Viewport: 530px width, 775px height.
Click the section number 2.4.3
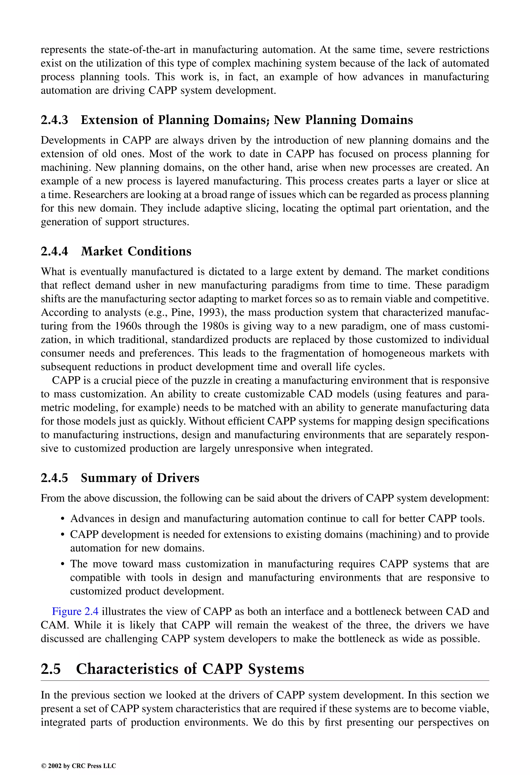(54, 120)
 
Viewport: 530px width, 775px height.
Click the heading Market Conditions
(136, 251)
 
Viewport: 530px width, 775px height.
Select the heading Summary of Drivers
(140, 478)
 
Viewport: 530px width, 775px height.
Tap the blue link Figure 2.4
(75, 611)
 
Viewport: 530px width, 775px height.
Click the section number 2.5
(51, 669)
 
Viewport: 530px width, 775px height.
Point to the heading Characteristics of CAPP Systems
(190, 669)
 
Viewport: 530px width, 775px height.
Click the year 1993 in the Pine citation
(209, 313)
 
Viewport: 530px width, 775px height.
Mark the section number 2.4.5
(54, 478)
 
